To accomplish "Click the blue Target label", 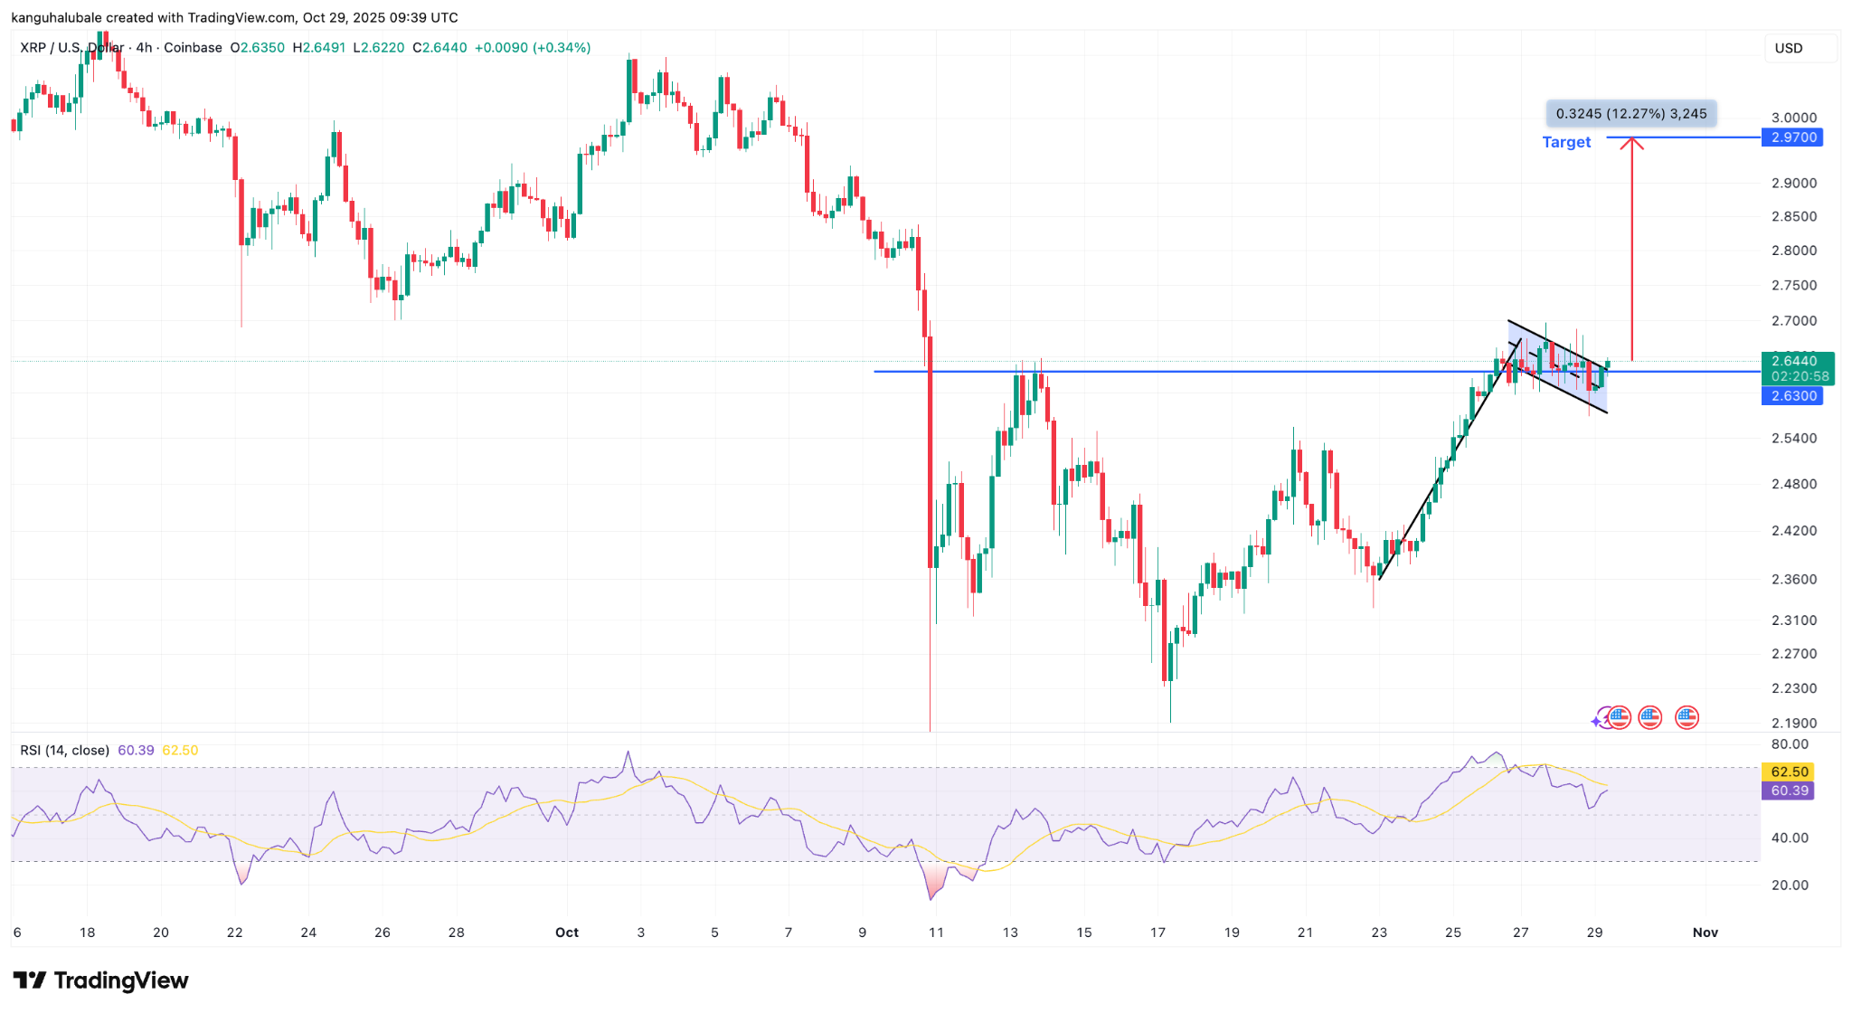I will point(1566,142).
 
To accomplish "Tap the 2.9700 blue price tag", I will point(1793,137).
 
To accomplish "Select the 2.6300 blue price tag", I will point(1793,396).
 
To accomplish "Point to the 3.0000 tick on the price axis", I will point(1793,118).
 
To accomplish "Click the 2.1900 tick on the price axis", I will point(1793,723).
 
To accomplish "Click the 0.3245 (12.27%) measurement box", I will point(1630,114).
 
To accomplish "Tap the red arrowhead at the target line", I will point(1631,142).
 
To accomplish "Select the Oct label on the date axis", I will point(567,933).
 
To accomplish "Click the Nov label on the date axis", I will point(1705,933).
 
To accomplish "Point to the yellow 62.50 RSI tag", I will point(1790,772).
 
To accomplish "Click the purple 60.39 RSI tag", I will point(1790,791).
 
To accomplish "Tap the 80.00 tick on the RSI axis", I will point(1790,744).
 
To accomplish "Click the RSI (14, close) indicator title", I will point(65,751).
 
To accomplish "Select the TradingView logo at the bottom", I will point(101,980).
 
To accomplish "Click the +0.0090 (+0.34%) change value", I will point(532,48).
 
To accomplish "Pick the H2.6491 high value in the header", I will point(318,48).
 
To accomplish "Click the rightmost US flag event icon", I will point(1687,718).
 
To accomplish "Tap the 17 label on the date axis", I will point(1157,933).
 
